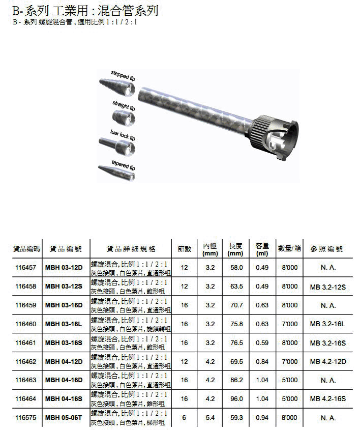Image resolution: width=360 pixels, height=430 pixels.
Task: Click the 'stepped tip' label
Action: (x=123, y=75)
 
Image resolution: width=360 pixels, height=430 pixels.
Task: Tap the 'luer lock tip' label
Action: (x=123, y=135)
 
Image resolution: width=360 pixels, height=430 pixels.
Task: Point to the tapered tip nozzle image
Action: (x=117, y=173)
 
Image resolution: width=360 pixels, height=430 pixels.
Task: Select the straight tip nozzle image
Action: (x=123, y=118)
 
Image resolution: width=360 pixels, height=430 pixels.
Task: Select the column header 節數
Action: (x=185, y=249)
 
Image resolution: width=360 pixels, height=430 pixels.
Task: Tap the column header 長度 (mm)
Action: (x=235, y=249)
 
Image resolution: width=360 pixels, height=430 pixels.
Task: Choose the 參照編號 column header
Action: (x=326, y=249)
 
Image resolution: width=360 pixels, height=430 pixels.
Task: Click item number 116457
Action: (x=26, y=267)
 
